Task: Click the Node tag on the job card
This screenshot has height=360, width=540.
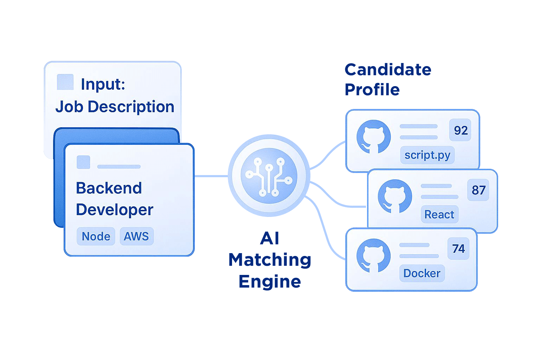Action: coord(96,236)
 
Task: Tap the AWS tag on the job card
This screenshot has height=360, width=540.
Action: coord(136,236)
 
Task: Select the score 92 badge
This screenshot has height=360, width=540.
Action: coord(461,130)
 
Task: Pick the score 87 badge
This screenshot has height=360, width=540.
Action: coord(478,190)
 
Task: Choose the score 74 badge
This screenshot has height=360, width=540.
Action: coord(458,249)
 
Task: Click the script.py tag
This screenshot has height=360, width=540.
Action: coord(427,155)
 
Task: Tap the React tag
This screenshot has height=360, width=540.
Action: coord(439,214)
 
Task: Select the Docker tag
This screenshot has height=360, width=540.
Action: coord(422,273)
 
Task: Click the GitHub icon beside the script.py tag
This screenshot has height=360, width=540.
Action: coord(373,137)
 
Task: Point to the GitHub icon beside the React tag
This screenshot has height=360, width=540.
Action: coord(395,197)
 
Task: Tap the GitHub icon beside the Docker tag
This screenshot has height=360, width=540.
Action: coord(373,255)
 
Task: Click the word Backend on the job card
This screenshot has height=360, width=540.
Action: coord(109,188)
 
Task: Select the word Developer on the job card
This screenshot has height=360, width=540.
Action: coord(115,210)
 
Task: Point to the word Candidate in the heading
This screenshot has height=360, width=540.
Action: coord(388,70)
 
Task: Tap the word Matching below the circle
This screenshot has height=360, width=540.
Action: coord(270,260)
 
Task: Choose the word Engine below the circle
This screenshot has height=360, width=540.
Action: coord(270,282)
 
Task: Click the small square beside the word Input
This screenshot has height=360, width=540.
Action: coord(65,82)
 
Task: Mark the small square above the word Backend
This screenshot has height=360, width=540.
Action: coord(83,162)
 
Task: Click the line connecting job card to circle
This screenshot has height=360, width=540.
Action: coord(211,176)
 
